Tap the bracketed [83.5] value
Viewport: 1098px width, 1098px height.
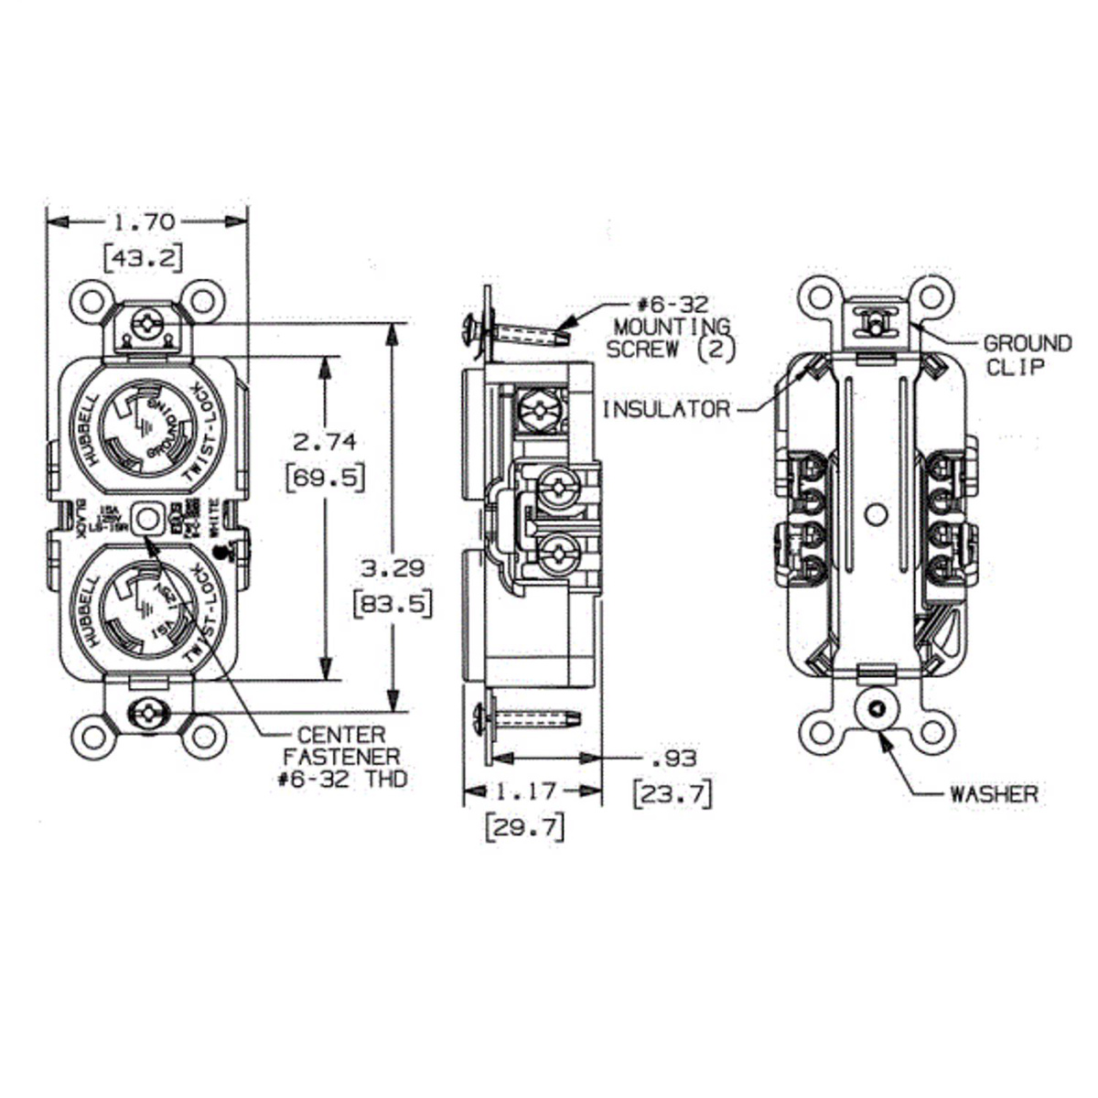click(392, 604)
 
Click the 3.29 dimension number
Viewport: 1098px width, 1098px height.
click(392, 567)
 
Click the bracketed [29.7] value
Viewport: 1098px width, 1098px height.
click(524, 827)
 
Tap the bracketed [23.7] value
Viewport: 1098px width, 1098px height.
click(672, 793)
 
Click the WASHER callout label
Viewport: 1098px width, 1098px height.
click(994, 793)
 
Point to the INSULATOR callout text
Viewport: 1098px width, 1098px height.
click(665, 409)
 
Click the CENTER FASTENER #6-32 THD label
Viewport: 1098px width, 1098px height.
click(342, 757)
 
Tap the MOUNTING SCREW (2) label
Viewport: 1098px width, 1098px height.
click(673, 327)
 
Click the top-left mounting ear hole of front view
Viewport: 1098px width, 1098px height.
click(90, 301)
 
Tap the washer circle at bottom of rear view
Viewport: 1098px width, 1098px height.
click(877, 708)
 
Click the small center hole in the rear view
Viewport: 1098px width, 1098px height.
click(877, 514)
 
